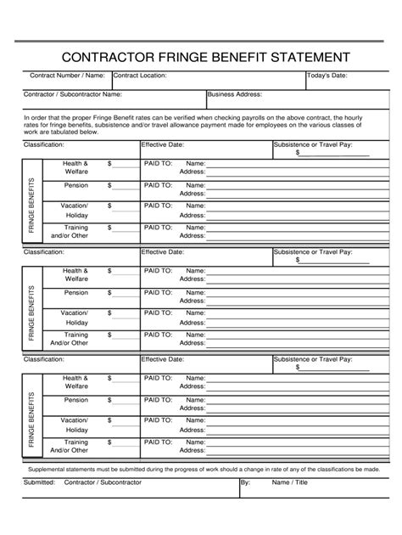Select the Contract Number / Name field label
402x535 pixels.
pos(67,76)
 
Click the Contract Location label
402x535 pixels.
pos(140,76)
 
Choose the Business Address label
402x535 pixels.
pos(235,94)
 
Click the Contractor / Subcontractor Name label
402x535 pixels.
pos(72,94)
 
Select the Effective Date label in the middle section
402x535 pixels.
pos(163,252)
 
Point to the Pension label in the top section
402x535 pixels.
pos(76,184)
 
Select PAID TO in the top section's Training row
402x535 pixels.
pos(158,227)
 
